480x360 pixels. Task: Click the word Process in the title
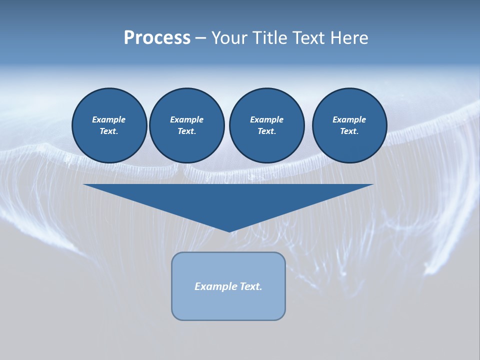click(157, 38)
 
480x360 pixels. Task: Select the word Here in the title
click(349, 38)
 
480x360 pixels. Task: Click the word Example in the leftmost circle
click(109, 119)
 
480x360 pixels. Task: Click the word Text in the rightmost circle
click(348, 131)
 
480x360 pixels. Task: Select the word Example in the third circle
click(266, 119)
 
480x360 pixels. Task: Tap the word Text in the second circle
click(186, 131)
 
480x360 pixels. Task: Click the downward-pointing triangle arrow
click(228, 200)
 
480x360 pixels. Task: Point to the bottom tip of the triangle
click(229, 230)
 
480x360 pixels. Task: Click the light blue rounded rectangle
click(228, 305)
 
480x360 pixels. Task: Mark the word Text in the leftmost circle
click(108, 131)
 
